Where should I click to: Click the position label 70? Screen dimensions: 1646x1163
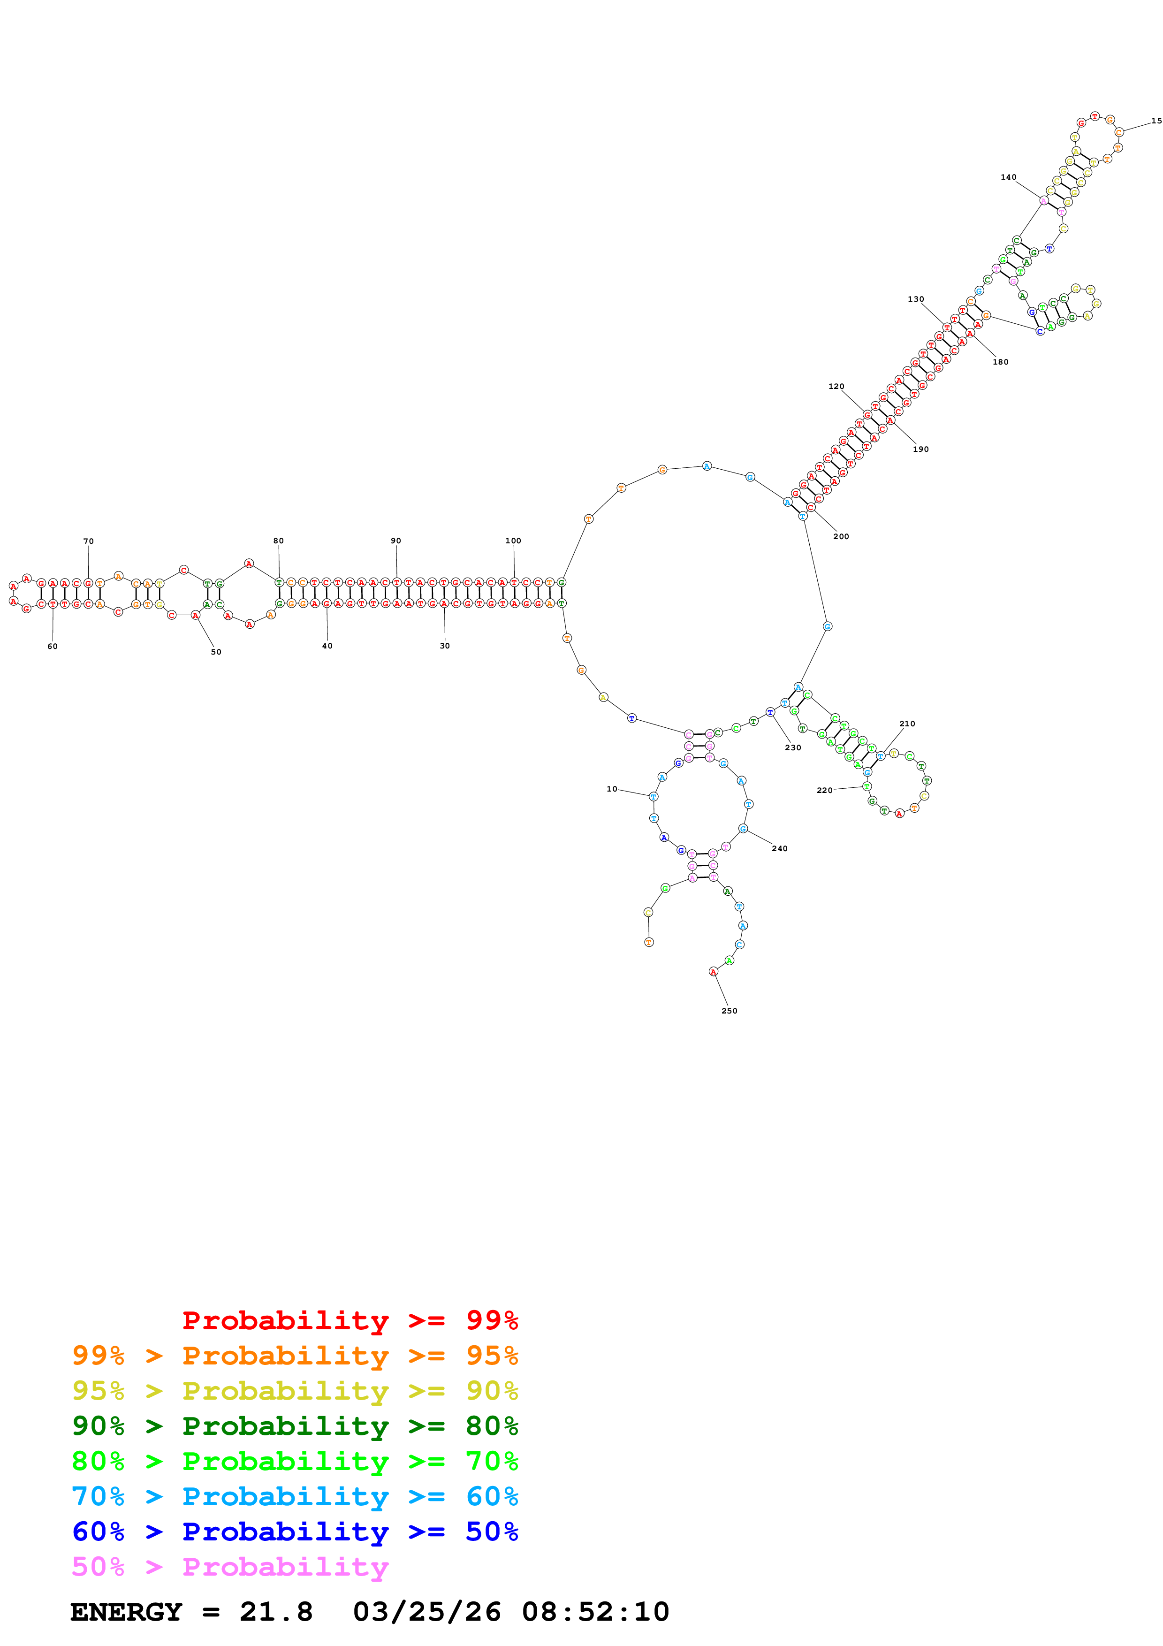point(88,541)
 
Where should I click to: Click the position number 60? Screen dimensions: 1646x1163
point(53,646)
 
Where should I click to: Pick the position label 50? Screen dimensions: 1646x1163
point(216,652)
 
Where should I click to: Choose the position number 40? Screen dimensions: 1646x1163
point(327,646)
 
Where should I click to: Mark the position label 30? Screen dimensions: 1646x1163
point(444,646)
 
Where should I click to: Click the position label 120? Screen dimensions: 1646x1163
point(836,387)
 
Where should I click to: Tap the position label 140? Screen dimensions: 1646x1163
point(1008,177)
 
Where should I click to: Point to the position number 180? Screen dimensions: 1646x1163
point(1000,362)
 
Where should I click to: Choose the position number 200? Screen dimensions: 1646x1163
point(841,536)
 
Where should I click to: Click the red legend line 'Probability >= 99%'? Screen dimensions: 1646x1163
point(350,1320)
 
